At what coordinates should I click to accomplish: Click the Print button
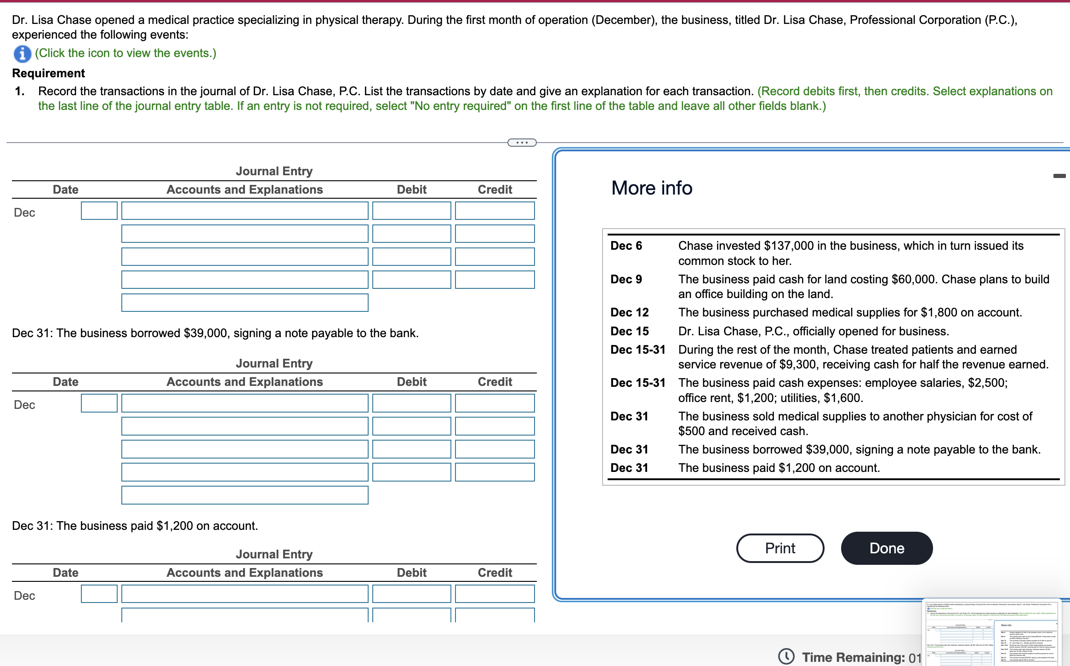[780, 548]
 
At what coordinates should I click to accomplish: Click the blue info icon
[22, 54]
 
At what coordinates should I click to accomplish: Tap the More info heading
[651, 188]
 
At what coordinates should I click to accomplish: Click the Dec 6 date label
[626, 246]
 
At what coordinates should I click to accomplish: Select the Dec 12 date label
[629, 312]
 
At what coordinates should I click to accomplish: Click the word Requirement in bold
[48, 73]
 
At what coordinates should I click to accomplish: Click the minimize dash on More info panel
[1059, 176]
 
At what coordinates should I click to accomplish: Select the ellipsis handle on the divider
[522, 143]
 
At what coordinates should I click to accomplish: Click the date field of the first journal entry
[99, 211]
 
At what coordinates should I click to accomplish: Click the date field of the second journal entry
[99, 403]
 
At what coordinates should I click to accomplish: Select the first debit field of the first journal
[411, 211]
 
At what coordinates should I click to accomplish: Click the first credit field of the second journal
[495, 403]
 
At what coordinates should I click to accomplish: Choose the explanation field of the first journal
[245, 303]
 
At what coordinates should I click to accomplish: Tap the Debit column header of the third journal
[411, 573]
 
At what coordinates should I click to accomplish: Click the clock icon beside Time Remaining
[786, 656]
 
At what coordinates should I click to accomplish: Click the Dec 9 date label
[626, 279]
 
